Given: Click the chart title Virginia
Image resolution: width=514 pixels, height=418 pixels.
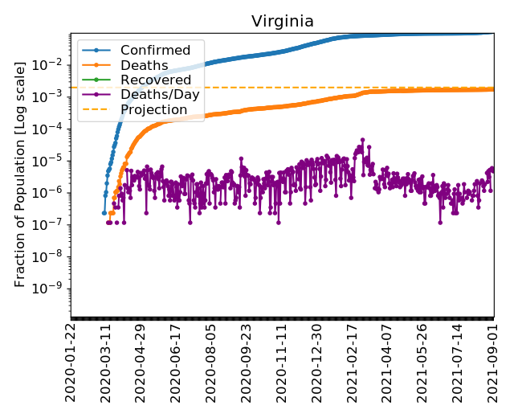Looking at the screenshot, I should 282,22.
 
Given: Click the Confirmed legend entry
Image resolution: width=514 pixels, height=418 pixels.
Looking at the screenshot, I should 155,51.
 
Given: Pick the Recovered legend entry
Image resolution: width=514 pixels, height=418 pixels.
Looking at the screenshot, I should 156,80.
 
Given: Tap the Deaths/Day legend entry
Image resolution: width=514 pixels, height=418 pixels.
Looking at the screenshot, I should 160,94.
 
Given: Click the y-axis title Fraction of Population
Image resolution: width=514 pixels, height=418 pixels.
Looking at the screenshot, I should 22,173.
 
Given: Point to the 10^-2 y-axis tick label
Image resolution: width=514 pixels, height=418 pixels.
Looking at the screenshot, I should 51,64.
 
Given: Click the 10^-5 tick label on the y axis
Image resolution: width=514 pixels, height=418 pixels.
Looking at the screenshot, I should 51,160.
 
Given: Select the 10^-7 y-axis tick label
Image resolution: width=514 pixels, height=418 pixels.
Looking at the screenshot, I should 51,224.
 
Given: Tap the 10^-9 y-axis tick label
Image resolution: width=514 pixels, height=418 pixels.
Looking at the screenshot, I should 51,289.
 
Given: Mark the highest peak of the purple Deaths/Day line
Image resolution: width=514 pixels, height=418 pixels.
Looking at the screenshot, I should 362,140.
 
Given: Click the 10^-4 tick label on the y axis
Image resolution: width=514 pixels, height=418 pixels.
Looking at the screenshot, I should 51,128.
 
